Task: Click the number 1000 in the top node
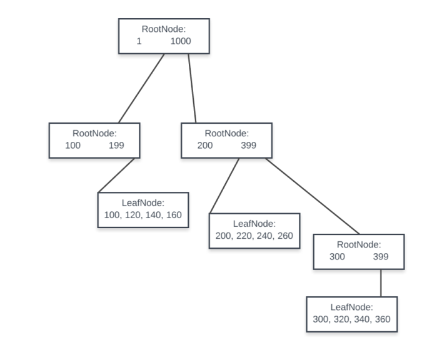coord(181,41)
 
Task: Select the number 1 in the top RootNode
coord(139,41)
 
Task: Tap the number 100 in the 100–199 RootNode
coord(73,145)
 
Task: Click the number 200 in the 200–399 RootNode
coord(204,145)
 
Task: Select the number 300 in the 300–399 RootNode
coord(337,256)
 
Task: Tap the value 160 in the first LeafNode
coord(174,214)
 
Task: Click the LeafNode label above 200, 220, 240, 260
coord(254,224)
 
